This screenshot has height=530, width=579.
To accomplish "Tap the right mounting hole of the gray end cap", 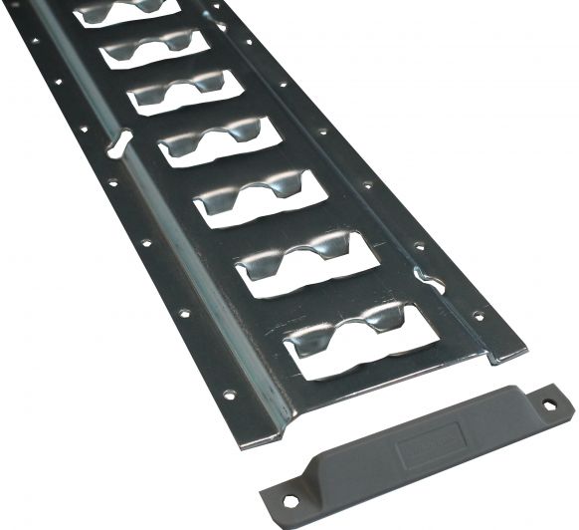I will (547, 402).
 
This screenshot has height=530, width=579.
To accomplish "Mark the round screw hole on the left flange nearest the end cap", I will (229, 395).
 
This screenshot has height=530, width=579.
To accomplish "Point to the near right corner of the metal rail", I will (519, 352).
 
